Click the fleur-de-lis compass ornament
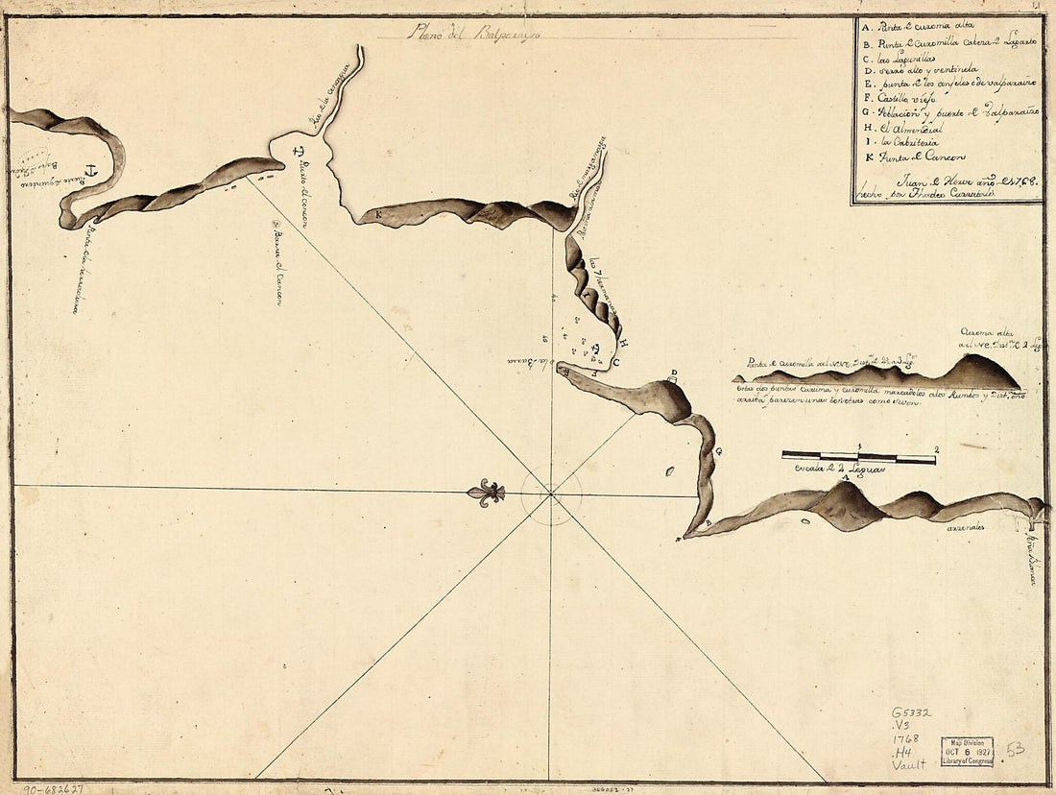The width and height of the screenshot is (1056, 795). click(486, 494)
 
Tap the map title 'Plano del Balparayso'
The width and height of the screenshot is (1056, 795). click(473, 32)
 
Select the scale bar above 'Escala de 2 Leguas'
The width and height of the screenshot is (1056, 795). click(858, 457)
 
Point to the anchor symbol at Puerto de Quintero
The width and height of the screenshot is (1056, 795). click(91, 171)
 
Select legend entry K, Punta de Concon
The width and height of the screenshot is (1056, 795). click(917, 157)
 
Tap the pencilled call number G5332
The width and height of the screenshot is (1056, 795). click(911, 712)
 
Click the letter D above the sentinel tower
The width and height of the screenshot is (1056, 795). click(674, 373)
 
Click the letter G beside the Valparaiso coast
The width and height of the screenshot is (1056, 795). click(718, 449)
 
